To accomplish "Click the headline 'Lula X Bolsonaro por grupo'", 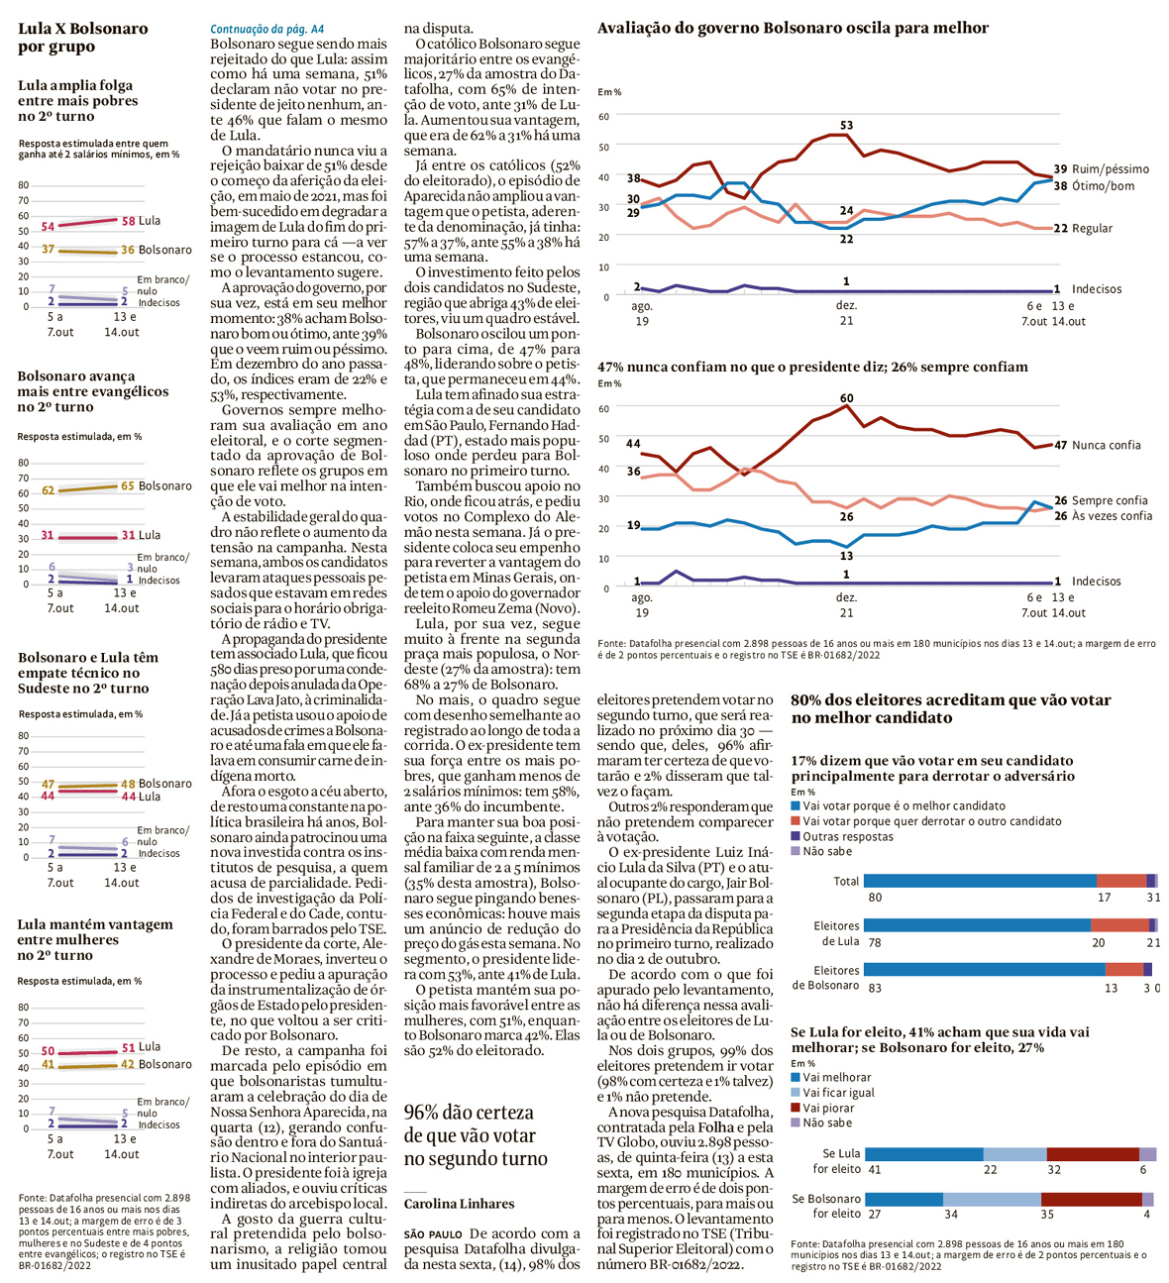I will coord(83,38).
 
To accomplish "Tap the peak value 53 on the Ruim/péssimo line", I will coord(846,126).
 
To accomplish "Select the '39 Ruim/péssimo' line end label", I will coord(1101,169).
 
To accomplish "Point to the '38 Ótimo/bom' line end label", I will coord(1094,186).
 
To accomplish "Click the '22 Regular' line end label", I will coord(1083,229).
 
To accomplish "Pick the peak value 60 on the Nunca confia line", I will coord(846,398).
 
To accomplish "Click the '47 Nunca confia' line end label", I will coord(1097,446).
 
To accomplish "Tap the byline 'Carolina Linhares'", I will coord(459,1204).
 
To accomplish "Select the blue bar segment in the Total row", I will coord(979,881).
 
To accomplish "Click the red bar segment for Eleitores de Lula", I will coord(1119,925).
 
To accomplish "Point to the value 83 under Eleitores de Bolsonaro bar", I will coord(875,988).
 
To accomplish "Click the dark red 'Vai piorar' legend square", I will coord(796,1108).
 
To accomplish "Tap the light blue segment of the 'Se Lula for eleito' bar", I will coord(1014,1154).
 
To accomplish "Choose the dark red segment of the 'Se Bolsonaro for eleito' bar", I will coord(1091,1199).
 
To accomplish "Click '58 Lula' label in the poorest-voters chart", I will coord(141,221).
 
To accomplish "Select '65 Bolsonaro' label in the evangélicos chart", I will coord(156,486).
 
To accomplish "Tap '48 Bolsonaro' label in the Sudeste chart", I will coord(156,784).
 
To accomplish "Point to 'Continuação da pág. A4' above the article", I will coord(266,30).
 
